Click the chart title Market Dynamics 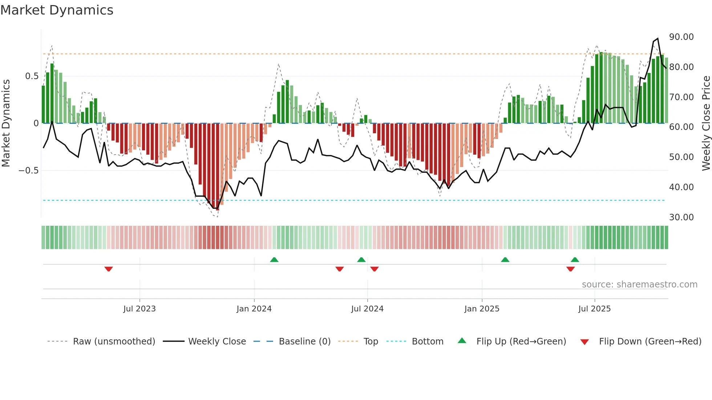tap(57, 10)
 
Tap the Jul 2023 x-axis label tap(139, 309)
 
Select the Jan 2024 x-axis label tap(254, 309)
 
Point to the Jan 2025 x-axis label tap(482, 309)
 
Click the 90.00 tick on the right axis tap(681, 37)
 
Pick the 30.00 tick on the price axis tap(681, 217)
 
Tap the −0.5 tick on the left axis tap(29, 171)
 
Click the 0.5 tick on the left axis tap(32, 76)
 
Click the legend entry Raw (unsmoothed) tap(114, 342)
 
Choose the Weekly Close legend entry tap(217, 342)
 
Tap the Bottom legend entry tap(427, 342)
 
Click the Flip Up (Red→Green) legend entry tap(521, 342)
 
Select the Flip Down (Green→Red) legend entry tap(650, 342)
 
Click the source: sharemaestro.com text tap(639, 285)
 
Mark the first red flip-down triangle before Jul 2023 tap(109, 269)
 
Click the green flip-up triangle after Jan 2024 tap(274, 260)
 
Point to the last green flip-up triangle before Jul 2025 tap(575, 260)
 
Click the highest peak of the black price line tap(658, 38)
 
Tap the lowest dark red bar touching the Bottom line tap(218, 167)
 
